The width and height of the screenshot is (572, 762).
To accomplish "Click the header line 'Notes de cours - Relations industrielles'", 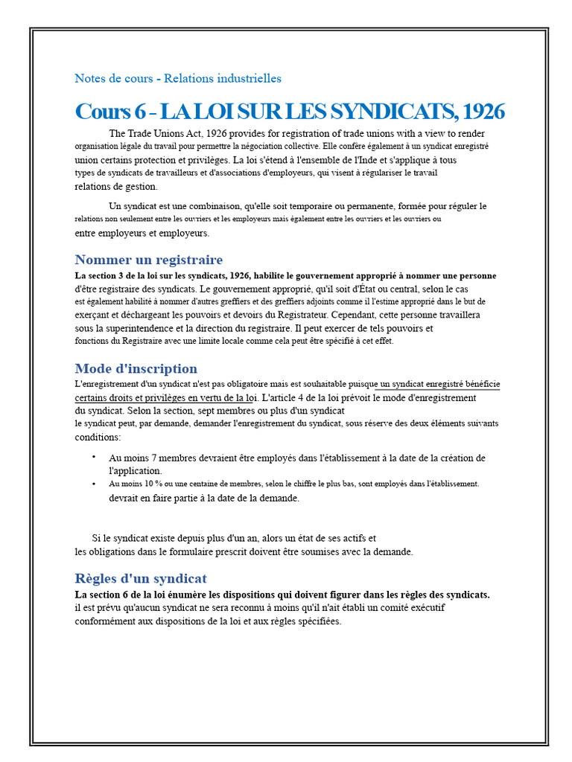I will pyautogui.click(x=178, y=78).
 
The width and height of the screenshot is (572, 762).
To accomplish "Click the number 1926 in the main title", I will pyautogui.click(x=483, y=112).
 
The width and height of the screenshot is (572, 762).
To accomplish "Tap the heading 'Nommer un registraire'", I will pyautogui.click(x=148, y=260).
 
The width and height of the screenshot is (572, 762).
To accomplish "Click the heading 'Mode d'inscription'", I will pyautogui.click(x=136, y=368).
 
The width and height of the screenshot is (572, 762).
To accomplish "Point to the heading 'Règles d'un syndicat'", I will pyautogui.click(x=141, y=578).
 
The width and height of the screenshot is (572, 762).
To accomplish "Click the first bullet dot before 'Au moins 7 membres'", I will pyautogui.click(x=94, y=457).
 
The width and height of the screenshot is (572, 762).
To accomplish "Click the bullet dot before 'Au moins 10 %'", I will pyautogui.click(x=94, y=483).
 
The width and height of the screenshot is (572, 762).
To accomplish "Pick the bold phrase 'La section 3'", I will pyautogui.click(x=101, y=275).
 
